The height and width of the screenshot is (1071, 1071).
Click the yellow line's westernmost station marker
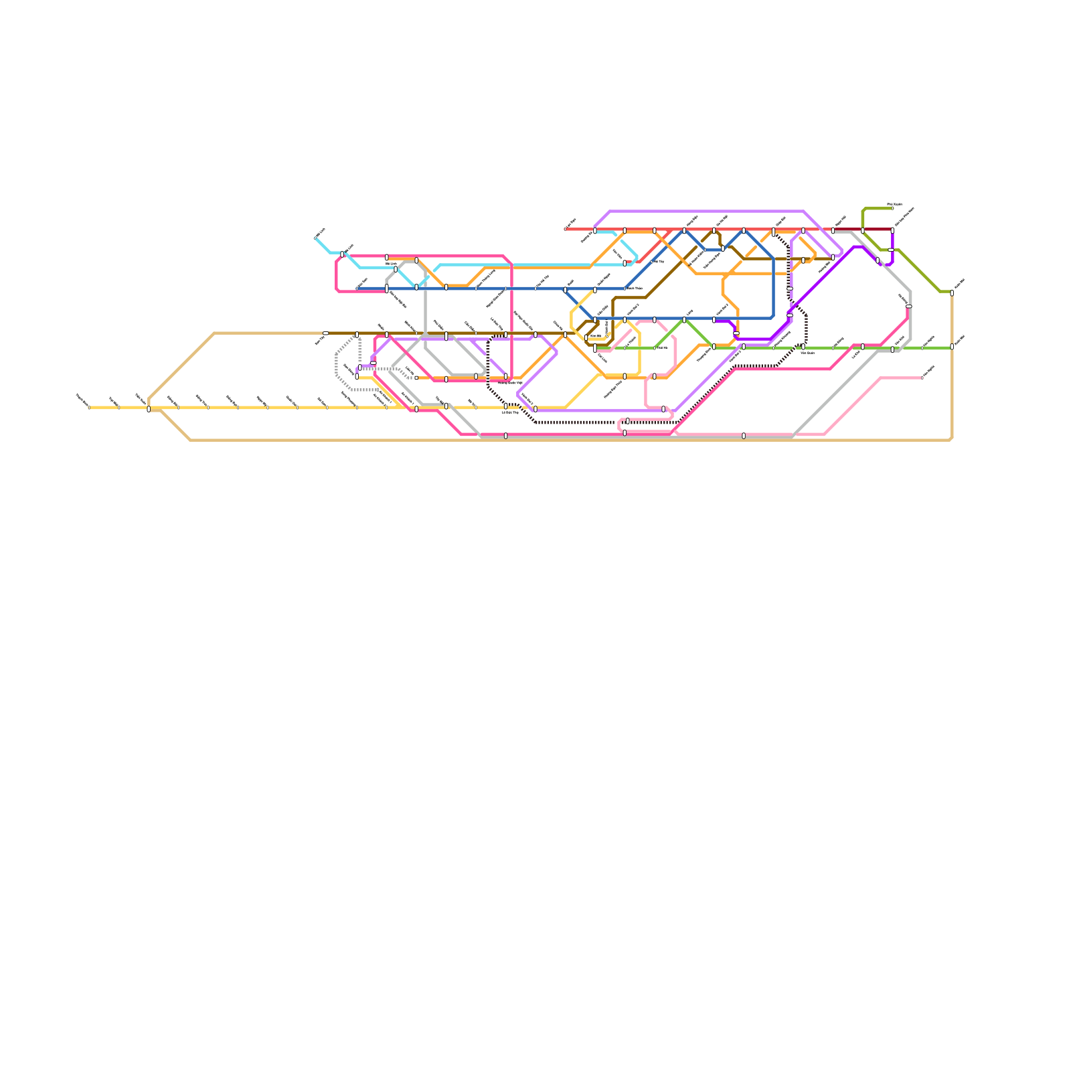click(x=89, y=407)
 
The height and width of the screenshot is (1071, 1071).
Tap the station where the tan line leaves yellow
click(x=149, y=409)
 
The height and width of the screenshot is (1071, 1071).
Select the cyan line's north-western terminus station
click(x=315, y=238)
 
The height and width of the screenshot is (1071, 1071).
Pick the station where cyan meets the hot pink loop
click(x=342, y=254)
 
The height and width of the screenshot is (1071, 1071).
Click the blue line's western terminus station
click(x=357, y=289)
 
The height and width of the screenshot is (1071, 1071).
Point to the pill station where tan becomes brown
click(x=325, y=333)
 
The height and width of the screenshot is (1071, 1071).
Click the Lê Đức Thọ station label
click(x=510, y=412)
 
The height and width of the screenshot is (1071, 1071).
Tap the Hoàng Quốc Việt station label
click(x=510, y=383)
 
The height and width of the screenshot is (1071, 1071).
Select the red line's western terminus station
click(x=566, y=229)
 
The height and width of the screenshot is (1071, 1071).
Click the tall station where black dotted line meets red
click(x=773, y=232)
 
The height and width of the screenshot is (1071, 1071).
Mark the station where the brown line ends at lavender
click(x=833, y=257)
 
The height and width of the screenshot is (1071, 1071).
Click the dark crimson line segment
click(x=877, y=230)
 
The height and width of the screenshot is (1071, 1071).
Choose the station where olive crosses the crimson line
click(x=862, y=230)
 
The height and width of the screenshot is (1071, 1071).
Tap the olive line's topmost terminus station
click(x=892, y=208)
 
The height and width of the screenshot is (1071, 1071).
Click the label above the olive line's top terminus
click(x=894, y=203)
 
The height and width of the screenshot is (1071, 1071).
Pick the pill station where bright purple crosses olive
click(x=890, y=250)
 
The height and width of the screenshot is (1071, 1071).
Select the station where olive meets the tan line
click(x=952, y=293)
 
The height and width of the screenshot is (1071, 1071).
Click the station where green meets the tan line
click(x=952, y=347)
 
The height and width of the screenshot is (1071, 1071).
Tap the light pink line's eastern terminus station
click(x=922, y=378)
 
